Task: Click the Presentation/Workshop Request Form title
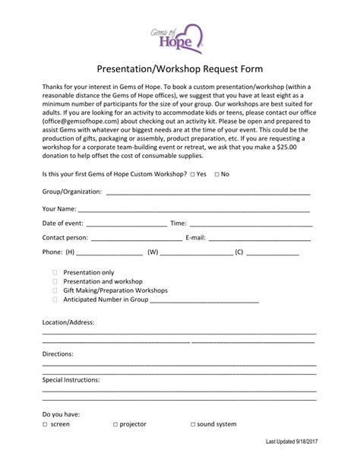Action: coord(180,66)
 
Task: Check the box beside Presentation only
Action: coord(55,271)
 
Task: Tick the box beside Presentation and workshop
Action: coord(55,281)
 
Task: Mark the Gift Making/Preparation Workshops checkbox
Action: coord(55,290)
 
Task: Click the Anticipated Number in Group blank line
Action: coord(204,302)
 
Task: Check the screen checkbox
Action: coord(44,424)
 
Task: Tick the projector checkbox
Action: coord(115,424)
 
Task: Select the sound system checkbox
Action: coord(191,424)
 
